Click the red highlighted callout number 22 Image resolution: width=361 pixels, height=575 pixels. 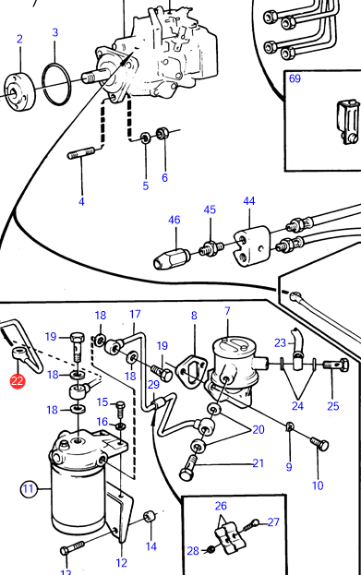pyautogui.click(x=18, y=380)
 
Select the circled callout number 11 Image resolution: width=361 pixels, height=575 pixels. pyautogui.click(x=29, y=489)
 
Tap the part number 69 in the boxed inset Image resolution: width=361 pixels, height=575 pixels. pyautogui.click(x=295, y=78)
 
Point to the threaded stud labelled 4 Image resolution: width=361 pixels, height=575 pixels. pyautogui.click(x=81, y=153)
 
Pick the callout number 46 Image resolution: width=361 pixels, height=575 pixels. pyautogui.click(x=174, y=220)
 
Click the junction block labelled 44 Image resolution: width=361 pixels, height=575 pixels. pyautogui.click(x=250, y=246)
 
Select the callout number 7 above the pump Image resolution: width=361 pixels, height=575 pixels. pyautogui.click(x=227, y=311)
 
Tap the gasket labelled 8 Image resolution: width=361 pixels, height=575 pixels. pyautogui.click(x=191, y=369)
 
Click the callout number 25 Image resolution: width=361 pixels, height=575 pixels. pyautogui.click(x=333, y=406)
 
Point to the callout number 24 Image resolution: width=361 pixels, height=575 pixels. pyautogui.click(x=297, y=406)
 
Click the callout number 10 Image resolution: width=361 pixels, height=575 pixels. pyautogui.click(x=318, y=485)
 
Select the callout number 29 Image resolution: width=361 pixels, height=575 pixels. pyautogui.click(x=153, y=384)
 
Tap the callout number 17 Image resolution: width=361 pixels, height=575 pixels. pyautogui.click(x=135, y=315)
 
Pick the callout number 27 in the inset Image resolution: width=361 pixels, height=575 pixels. pyautogui.click(x=273, y=521)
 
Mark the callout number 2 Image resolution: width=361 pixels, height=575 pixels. pyautogui.click(x=19, y=39)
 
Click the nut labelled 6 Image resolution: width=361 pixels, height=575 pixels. pyautogui.click(x=162, y=134)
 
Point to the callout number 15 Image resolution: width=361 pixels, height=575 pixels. pyautogui.click(x=102, y=402)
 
